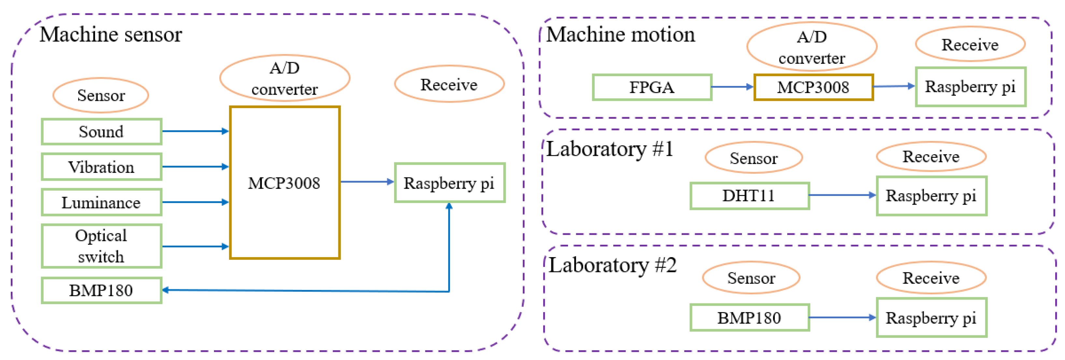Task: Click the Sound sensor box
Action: click(x=101, y=132)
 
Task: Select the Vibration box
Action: click(x=101, y=167)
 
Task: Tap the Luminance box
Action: click(x=101, y=202)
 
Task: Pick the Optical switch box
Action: click(x=101, y=246)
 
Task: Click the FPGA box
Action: click(x=652, y=87)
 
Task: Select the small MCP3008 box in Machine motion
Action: click(x=813, y=87)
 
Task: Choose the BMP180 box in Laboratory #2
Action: click(x=749, y=318)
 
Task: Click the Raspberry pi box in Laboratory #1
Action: click(x=931, y=196)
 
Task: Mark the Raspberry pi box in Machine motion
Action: click(x=970, y=87)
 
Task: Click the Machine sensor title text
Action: click(x=111, y=34)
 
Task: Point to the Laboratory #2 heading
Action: click(x=612, y=265)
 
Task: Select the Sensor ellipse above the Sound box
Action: click(x=101, y=95)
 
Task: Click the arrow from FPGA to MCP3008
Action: click(x=732, y=87)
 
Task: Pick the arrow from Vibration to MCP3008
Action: click(x=195, y=167)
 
